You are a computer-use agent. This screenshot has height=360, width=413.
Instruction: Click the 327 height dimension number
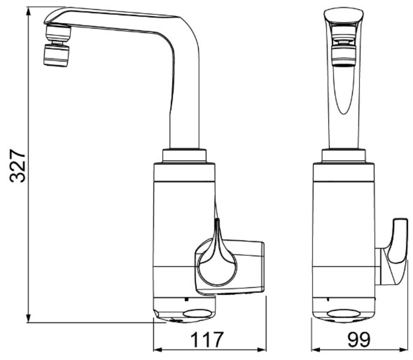click(x=18, y=166)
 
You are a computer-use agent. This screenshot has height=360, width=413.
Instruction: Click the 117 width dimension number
click(x=207, y=340)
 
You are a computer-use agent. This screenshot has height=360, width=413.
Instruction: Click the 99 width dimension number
click(x=359, y=340)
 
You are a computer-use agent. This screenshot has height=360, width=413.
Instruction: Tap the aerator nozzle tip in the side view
click(x=56, y=55)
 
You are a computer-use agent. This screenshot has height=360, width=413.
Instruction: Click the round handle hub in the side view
click(x=217, y=267)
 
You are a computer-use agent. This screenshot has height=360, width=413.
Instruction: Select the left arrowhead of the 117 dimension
click(x=157, y=350)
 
